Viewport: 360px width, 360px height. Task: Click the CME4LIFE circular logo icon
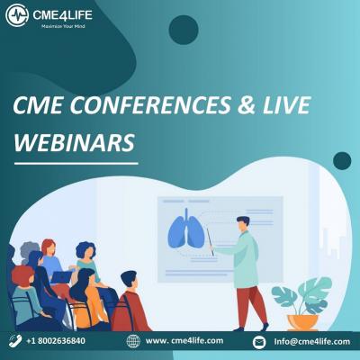[17, 15]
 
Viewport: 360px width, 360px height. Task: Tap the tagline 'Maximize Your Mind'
[63, 26]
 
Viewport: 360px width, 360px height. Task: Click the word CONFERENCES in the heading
[151, 105]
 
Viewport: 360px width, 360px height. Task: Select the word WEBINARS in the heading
[74, 142]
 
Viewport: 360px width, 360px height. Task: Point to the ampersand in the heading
[247, 105]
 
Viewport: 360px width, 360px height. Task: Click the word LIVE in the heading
[286, 105]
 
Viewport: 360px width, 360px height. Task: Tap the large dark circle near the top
[184, 30]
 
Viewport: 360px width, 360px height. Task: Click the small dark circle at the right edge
[342, 161]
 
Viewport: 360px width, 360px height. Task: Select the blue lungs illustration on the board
[186, 229]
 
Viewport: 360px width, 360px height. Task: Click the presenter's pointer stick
[210, 242]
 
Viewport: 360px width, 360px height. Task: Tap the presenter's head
[243, 224]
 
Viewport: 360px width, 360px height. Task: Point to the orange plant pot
[302, 322]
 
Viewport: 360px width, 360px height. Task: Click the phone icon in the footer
[15, 341]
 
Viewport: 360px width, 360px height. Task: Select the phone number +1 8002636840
[56, 341]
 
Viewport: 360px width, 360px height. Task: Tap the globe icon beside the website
[133, 341]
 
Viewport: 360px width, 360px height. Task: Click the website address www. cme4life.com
[184, 341]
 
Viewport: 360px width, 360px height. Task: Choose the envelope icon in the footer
[259, 342]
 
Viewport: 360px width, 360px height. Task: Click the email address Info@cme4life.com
[311, 342]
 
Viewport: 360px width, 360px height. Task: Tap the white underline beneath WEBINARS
[76, 164]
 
